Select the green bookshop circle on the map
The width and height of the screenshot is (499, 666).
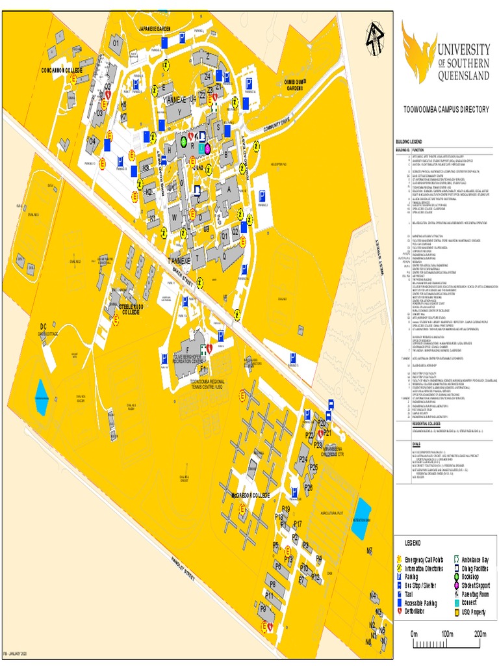183,140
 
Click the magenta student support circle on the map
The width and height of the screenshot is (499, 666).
207,148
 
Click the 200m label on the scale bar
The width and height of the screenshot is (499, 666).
480,633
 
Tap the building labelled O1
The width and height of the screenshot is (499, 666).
118,44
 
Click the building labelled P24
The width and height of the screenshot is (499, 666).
302,460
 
